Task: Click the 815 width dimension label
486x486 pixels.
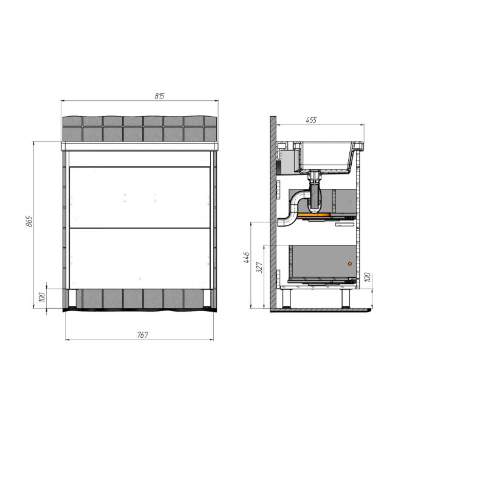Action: (159, 96)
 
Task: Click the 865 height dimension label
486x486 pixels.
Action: (29, 221)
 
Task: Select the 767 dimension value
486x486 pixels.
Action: (143, 335)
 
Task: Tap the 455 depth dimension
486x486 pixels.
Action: (311, 120)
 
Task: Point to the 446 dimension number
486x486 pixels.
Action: (246, 258)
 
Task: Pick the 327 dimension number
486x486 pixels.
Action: (259, 267)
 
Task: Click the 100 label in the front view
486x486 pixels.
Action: (42, 297)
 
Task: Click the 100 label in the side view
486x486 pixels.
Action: (367, 277)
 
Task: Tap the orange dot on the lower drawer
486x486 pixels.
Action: (350, 264)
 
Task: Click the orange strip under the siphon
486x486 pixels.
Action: (313, 215)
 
